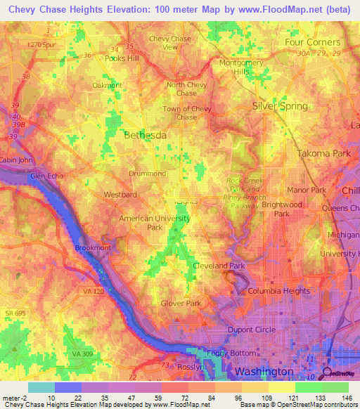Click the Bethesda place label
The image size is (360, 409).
[x=145, y=134]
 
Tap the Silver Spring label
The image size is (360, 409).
[x=280, y=106]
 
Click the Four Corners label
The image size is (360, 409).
[x=312, y=42]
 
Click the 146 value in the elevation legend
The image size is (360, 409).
[x=346, y=398]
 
